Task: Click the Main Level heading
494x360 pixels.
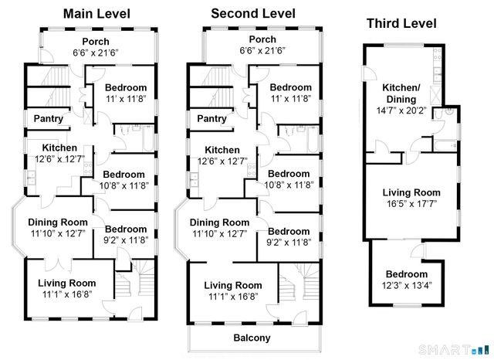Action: click(96, 14)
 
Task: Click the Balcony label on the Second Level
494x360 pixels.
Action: click(252, 338)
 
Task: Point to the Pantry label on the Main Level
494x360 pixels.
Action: click(48, 119)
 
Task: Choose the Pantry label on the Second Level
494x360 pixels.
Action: click(212, 119)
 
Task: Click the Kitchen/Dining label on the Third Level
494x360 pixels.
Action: click(402, 94)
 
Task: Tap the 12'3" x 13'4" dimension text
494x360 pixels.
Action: click(407, 286)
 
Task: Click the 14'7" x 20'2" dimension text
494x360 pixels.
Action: click(402, 111)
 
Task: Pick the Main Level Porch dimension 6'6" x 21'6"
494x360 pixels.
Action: click(96, 53)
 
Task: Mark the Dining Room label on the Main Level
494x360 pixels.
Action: click(59, 222)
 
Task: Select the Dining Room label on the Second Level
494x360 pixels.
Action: click(221, 222)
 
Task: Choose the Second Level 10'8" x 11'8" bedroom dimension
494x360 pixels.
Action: click(289, 185)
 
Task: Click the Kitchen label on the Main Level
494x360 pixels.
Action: click(59, 148)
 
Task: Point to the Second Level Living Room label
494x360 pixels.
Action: click(233, 285)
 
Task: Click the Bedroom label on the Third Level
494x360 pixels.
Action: click(407, 274)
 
